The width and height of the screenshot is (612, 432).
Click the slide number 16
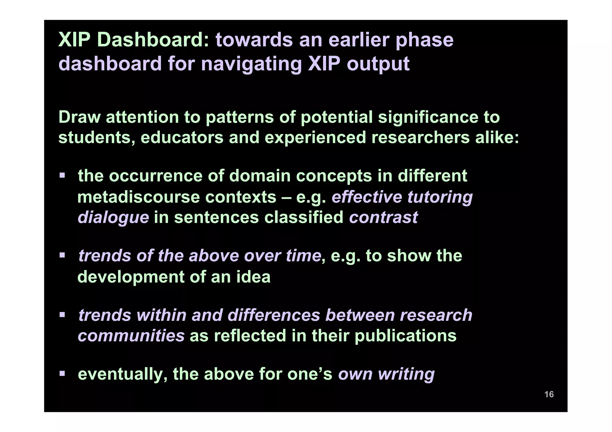coord(549,394)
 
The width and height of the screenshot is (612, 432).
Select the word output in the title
coord(378,64)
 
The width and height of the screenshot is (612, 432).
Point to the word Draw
coord(79,117)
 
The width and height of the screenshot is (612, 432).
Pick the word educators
coord(182,138)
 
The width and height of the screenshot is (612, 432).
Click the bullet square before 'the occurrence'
coord(62,175)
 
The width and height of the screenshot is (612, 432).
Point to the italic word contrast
coord(383,217)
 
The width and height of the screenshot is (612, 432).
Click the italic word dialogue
coord(113,217)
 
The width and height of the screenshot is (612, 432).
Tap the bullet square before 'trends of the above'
coord(62,255)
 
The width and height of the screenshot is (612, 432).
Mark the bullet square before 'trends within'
coord(62,314)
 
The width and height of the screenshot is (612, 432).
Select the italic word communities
coord(131,336)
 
